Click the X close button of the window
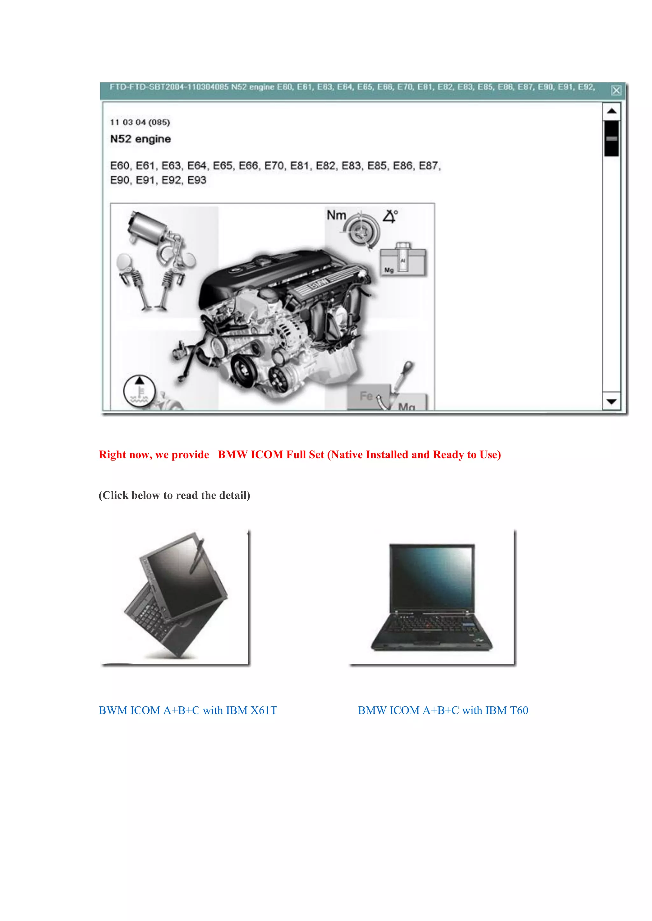616,90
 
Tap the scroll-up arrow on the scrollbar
612,111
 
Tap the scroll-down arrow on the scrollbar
612,401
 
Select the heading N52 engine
140,139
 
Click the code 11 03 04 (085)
140,122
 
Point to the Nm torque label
336,215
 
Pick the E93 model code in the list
197,180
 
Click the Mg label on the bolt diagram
389,270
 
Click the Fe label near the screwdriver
366,396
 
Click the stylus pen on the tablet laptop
197,556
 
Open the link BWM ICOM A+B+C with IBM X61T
188,710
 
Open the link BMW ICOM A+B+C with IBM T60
443,710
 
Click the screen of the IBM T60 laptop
432,578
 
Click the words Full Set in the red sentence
305,454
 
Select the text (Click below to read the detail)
174,495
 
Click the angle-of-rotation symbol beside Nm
389,216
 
